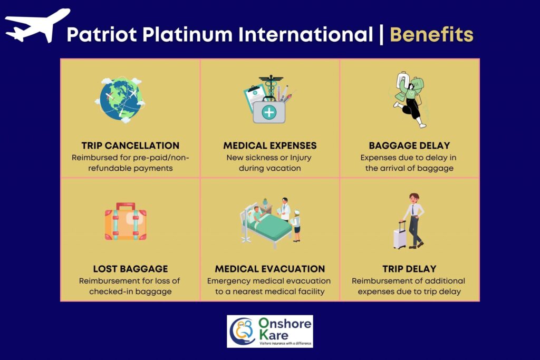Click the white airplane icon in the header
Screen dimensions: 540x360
click(38, 26)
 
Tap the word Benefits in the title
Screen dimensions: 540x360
click(431, 34)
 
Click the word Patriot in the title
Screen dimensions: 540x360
click(103, 34)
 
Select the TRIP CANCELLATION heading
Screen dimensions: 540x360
click(131, 145)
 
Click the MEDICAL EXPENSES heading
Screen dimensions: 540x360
click(270, 145)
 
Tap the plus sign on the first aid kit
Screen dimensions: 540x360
click(269, 112)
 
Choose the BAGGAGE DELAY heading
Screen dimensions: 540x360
click(409, 145)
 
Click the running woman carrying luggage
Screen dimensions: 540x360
click(410, 100)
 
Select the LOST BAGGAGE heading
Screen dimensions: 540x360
click(131, 269)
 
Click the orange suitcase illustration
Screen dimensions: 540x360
click(126, 221)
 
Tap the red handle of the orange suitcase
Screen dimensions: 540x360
click(126, 206)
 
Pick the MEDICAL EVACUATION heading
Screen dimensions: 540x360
click(270, 269)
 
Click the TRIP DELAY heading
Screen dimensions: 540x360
click(409, 269)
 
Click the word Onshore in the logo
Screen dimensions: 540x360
click(285, 324)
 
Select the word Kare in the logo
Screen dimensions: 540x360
click(274, 335)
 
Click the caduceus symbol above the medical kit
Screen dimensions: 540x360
click(271, 86)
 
